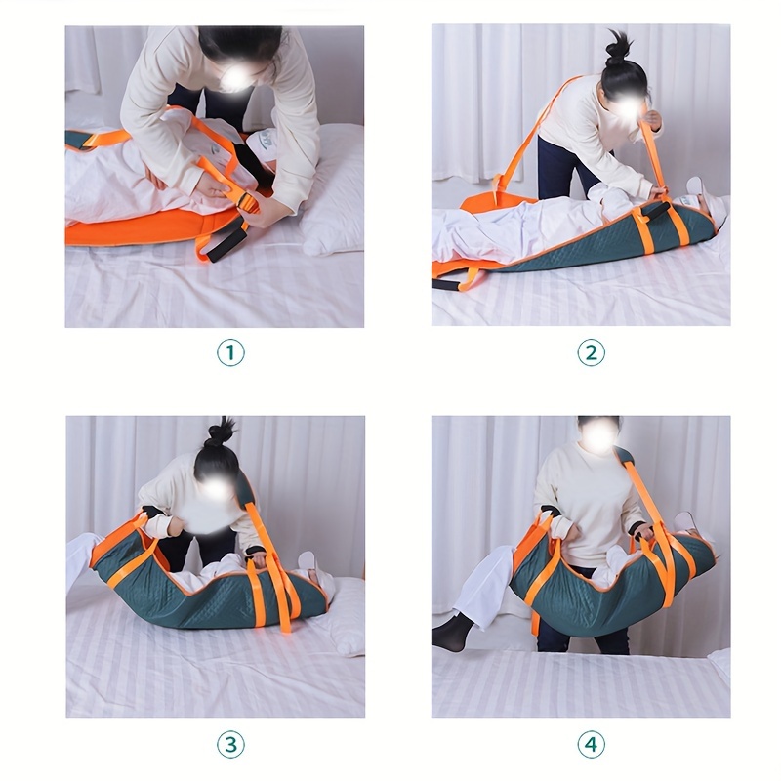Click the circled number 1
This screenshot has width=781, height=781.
click(x=230, y=352)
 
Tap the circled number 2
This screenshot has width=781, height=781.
click(x=592, y=352)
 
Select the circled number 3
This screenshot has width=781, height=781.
click(x=230, y=745)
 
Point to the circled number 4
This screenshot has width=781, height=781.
click(x=592, y=745)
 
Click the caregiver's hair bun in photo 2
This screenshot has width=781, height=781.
click(x=617, y=47)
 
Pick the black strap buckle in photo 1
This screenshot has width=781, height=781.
click(x=248, y=205)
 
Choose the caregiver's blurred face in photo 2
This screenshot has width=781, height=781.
click(x=625, y=105)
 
